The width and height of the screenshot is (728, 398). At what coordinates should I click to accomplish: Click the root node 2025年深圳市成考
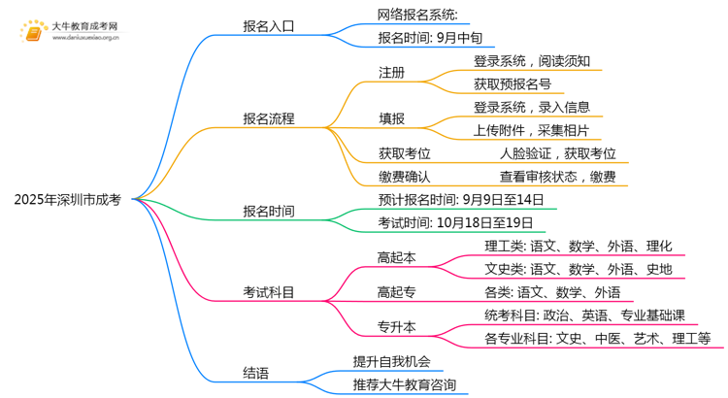[68, 199]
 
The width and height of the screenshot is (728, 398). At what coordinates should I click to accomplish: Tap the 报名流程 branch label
[269, 119]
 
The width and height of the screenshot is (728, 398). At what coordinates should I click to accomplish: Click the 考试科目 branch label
[269, 292]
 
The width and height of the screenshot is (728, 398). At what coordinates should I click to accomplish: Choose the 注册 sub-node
[392, 72]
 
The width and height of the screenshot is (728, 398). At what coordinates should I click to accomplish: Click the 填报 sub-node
[392, 119]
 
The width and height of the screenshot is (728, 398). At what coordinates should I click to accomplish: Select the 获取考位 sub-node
[405, 153]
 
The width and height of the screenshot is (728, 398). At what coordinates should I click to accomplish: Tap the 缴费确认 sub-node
[405, 177]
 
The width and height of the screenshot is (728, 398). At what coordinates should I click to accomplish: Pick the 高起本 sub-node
[398, 257]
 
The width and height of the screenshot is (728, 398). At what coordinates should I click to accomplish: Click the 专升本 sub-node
[398, 326]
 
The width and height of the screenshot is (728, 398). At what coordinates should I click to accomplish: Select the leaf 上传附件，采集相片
[531, 130]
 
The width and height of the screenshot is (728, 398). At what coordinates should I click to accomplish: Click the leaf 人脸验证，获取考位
[557, 153]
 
